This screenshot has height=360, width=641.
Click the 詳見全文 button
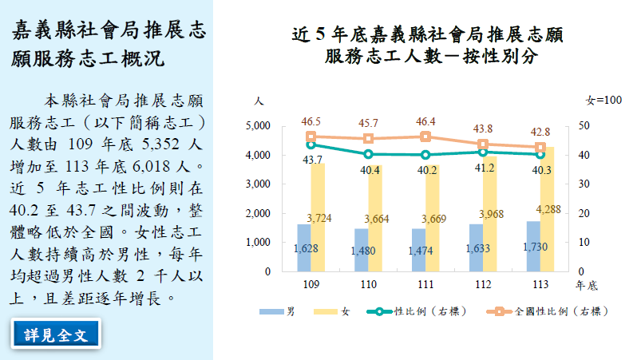click(56, 334)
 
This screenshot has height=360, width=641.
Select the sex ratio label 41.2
click(485, 168)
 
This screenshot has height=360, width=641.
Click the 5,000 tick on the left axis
click(258, 126)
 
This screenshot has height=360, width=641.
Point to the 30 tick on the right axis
click(584, 184)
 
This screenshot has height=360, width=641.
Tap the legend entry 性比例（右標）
click(419, 311)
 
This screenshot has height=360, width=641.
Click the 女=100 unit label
click(603, 100)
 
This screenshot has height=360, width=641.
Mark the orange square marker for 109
click(311, 136)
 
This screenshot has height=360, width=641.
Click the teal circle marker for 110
click(368, 154)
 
